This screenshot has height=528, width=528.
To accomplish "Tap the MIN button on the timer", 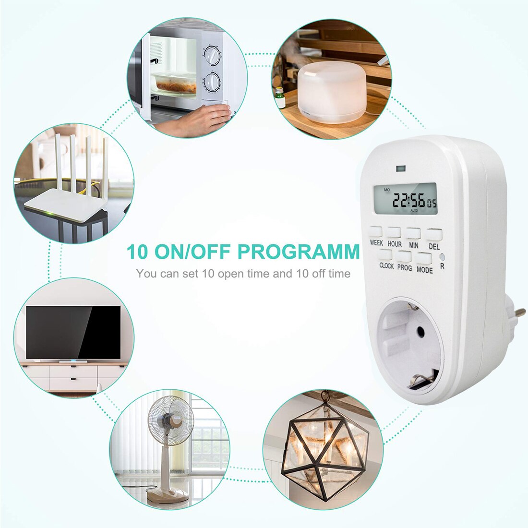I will point(413,233).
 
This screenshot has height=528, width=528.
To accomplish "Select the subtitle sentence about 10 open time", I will point(243,274).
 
